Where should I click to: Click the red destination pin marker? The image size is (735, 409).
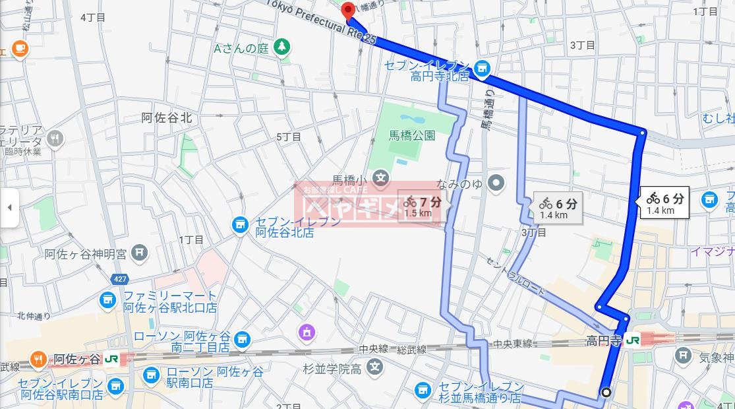[x=347, y=10]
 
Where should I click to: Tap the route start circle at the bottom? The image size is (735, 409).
[x=606, y=392]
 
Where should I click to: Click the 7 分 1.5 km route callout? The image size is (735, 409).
[x=423, y=207]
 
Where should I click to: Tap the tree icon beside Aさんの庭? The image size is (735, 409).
[x=282, y=47]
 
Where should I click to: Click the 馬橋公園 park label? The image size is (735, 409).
[x=411, y=136]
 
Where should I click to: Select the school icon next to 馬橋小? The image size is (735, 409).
[x=380, y=177]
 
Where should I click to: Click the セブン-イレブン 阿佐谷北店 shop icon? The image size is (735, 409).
[x=239, y=225]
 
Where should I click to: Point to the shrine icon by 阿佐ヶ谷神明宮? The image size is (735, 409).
[x=139, y=252]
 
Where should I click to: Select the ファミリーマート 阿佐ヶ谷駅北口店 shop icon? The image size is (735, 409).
[x=107, y=301]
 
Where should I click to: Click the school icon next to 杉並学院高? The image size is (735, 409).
[x=375, y=367]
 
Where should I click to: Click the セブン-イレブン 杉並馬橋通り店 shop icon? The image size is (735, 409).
[x=423, y=391]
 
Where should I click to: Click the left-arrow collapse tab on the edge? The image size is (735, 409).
[x=9, y=207]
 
